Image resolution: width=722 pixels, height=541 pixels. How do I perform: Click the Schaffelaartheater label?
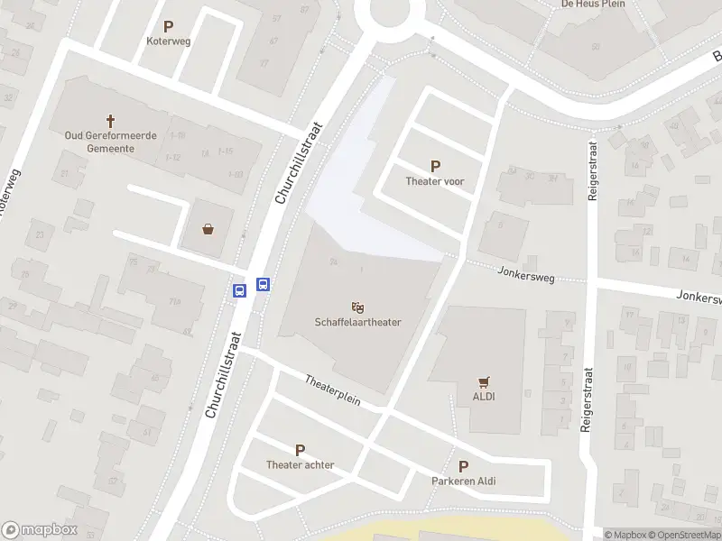(x=358, y=322)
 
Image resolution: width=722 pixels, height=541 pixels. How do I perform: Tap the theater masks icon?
(x=358, y=307)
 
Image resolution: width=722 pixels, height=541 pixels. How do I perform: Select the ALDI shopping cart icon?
(x=485, y=381)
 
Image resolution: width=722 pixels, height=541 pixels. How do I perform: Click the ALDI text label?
(x=485, y=396)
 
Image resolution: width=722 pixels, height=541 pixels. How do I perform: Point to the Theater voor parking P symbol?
(x=436, y=167)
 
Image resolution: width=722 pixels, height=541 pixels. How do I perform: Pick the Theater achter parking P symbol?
(x=301, y=451)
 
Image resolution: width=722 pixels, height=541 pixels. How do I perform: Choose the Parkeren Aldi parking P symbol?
(x=464, y=467)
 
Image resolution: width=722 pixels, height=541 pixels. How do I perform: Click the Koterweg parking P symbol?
(x=169, y=27)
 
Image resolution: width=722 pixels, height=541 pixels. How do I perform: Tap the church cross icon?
(x=112, y=120)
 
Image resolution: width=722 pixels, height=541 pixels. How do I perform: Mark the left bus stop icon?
(x=240, y=290)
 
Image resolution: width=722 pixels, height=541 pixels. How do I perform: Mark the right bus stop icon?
(x=264, y=284)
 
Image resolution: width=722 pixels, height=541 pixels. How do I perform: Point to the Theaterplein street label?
(x=332, y=390)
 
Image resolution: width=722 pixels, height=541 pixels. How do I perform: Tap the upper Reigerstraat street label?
(x=593, y=163)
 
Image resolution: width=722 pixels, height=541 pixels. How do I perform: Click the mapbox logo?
(x=40, y=530)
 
